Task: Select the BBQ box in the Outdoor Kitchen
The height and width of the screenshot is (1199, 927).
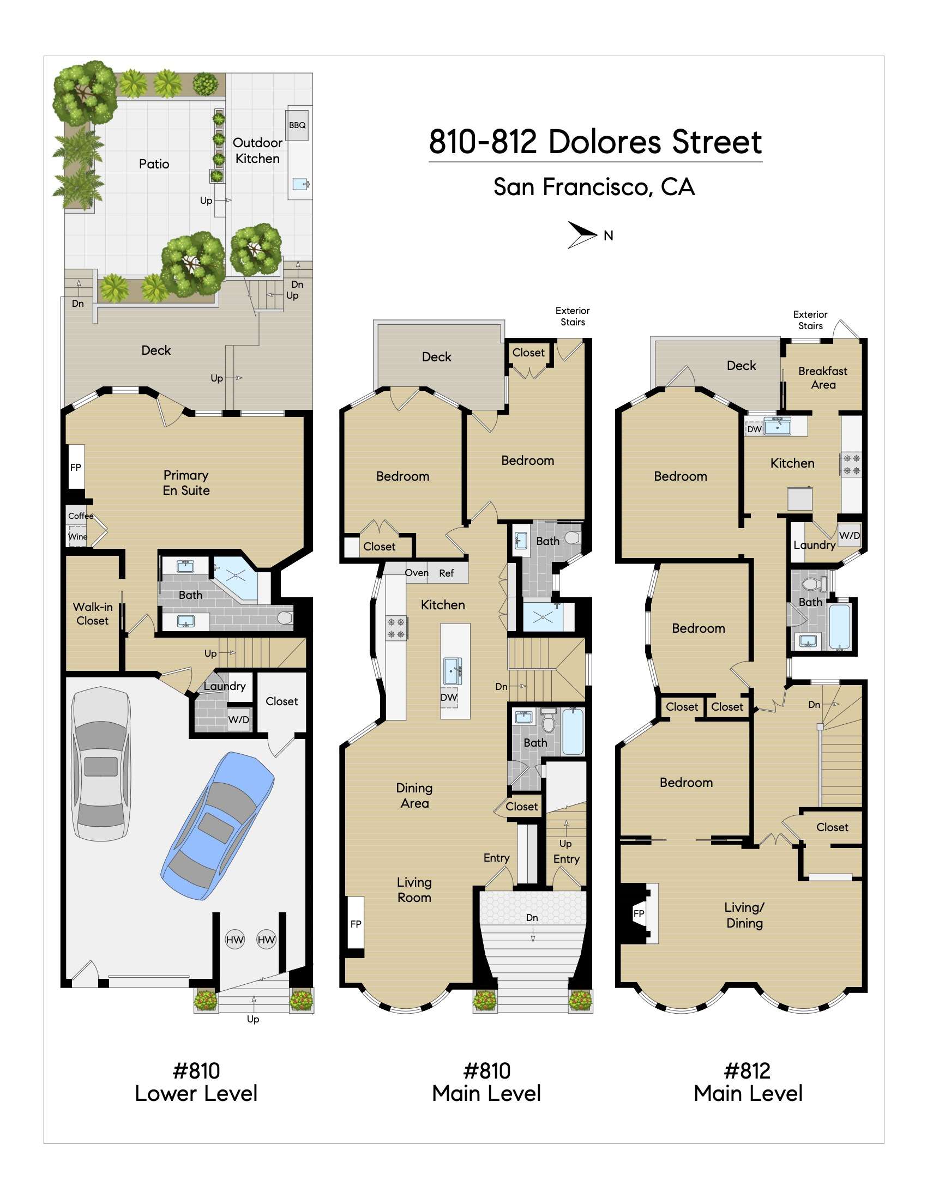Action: tap(297, 125)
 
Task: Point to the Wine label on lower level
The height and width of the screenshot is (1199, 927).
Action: tap(77, 536)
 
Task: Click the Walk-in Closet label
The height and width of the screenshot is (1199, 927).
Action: tap(92, 613)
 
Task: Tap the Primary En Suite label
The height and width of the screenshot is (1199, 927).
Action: tap(185, 482)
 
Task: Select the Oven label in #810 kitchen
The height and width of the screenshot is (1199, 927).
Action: tap(416, 573)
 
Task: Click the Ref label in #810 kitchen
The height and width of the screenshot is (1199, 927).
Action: tap(446, 573)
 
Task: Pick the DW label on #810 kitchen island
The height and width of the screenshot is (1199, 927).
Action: tap(449, 697)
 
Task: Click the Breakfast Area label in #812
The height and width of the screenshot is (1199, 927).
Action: tap(823, 378)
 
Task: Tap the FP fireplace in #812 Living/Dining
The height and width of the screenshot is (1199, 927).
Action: tap(639, 913)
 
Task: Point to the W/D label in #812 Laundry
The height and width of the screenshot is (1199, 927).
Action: tap(849, 535)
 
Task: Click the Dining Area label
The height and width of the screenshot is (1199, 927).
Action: tap(414, 796)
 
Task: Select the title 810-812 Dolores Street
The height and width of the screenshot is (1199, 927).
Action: tap(595, 142)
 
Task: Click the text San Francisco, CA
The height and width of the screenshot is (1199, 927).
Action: tap(594, 186)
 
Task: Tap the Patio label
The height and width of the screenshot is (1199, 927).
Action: tap(154, 163)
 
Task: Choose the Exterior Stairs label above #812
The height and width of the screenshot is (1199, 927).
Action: tap(810, 320)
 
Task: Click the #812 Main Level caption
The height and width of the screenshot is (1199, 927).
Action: tap(748, 1082)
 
